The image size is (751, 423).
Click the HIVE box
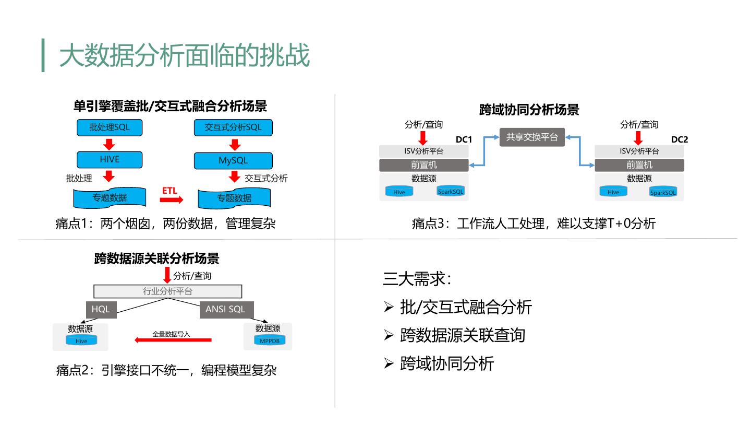110,160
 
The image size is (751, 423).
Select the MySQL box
233,160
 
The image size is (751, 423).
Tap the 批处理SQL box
110,127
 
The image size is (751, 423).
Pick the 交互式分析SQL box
233,127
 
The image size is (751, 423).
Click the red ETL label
169,191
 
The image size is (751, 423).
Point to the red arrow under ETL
173,199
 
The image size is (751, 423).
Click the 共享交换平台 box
532,138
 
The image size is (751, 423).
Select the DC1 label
464,139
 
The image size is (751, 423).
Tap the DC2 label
679,139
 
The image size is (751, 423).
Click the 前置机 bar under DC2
639,165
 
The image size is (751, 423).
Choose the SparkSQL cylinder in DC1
451,191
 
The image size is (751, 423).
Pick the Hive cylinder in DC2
613,192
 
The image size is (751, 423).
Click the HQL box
101,309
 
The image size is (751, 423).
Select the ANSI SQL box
225,309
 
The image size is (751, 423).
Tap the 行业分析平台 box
168,291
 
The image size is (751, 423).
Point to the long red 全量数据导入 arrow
173,340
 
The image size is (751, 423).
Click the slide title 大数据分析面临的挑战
185,55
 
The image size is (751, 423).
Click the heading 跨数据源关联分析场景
157,258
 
